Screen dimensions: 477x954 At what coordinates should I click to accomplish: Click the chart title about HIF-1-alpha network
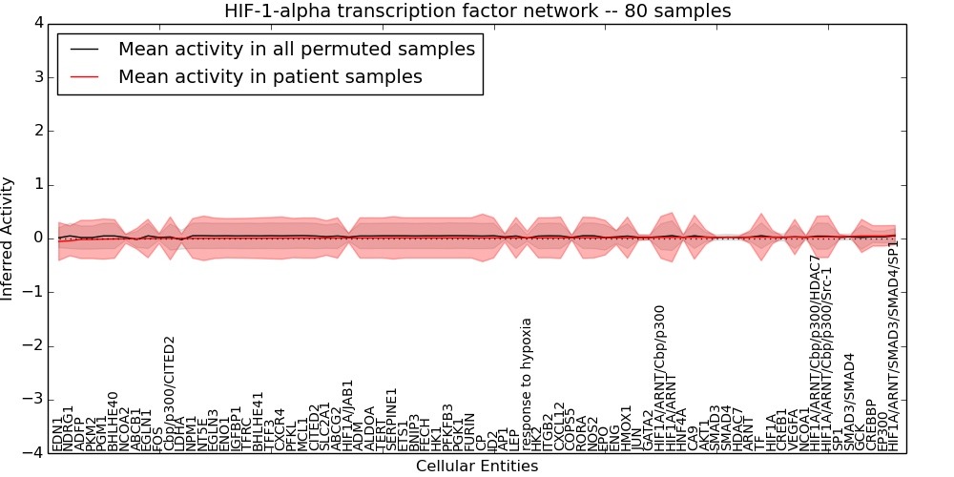coord(477,11)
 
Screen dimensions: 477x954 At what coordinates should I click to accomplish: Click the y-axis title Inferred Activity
coord(9,238)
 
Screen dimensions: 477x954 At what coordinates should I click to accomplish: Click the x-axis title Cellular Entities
coord(477,467)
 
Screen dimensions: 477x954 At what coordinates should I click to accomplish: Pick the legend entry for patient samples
coord(270,77)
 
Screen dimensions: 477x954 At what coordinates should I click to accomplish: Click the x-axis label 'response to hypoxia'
coord(526,384)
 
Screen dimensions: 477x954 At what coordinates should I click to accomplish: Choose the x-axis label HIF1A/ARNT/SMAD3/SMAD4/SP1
coord(893,345)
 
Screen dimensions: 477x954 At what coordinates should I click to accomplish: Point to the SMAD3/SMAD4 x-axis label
coord(849,402)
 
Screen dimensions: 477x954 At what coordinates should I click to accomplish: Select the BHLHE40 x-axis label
coord(114,422)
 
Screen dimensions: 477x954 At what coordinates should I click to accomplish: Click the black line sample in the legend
coord(83,50)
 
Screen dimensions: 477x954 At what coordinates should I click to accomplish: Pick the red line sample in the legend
coord(83,77)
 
